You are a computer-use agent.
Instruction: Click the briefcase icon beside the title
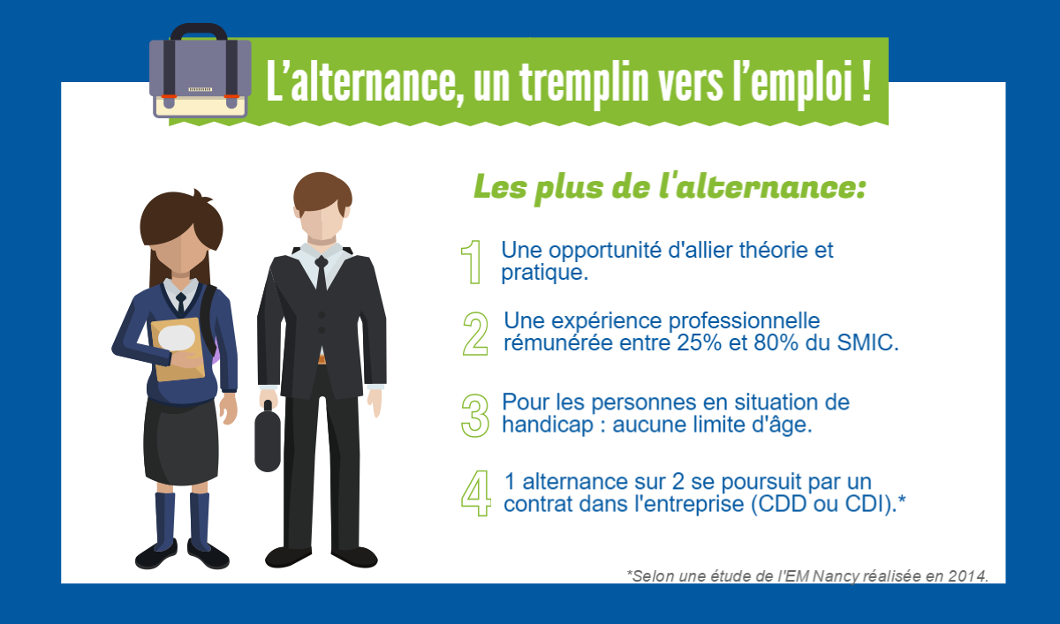(201, 71)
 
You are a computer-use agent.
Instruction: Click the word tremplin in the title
(584, 83)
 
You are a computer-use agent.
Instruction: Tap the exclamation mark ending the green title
(866, 80)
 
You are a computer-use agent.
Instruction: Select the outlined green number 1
(472, 262)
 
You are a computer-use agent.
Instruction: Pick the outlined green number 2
(475, 334)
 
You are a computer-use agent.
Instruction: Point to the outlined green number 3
(475, 416)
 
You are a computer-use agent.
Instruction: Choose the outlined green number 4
(476, 493)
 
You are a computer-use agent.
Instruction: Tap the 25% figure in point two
(699, 342)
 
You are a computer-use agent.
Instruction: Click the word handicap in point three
(548, 424)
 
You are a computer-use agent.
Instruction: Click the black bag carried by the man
(268, 436)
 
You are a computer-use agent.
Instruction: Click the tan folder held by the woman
(178, 350)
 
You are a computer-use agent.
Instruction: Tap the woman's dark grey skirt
(181, 442)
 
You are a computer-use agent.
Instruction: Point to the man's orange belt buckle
(322, 360)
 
